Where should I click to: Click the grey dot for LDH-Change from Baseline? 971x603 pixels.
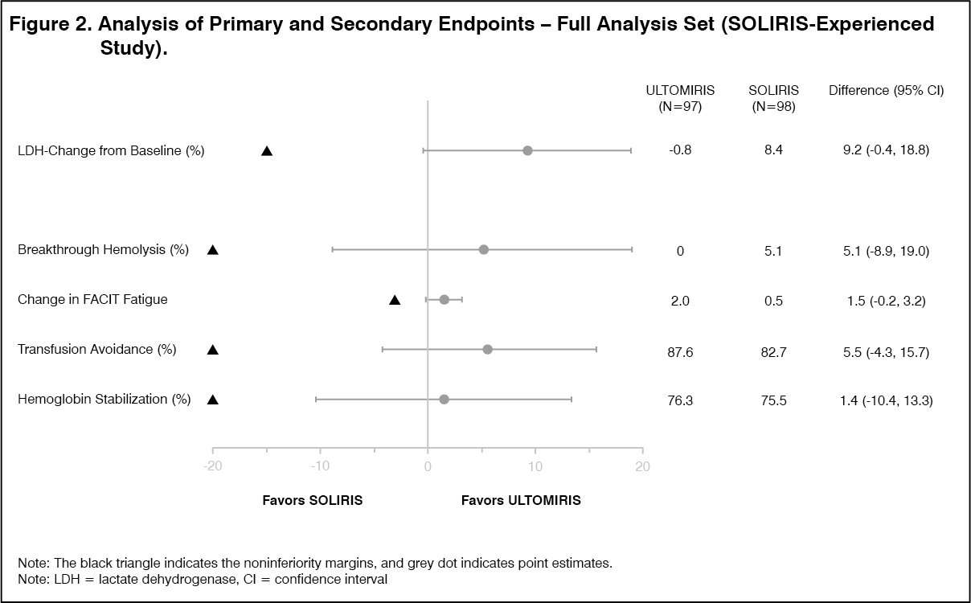click(x=527, y=150)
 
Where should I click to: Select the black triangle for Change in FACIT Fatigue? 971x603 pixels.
click(x=395, y=300)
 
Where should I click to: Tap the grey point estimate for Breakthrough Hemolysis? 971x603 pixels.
click(x=483, y=249)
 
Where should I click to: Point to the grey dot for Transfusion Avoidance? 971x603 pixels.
click(x=487, y=349)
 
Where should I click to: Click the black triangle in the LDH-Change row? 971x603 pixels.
click(x=267, y=151)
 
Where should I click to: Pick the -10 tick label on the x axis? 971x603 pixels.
click(x=320, y=466)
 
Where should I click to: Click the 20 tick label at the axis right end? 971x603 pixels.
click(x=642, y=466)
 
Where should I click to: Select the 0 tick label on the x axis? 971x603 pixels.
click(x=428, y=466)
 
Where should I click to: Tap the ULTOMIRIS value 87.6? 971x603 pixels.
click(x=680, y=351)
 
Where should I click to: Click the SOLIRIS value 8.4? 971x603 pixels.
click(x=773, y=150)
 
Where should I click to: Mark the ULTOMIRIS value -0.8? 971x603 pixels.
click(x=680, y=150)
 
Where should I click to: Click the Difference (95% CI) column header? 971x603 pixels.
click(x=886, y=91)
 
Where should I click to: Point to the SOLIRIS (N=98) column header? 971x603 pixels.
click(x=773, y=98)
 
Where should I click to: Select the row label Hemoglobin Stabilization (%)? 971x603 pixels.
click(x=104, y=400)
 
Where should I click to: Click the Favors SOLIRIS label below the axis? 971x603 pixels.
click(x=313, y=500)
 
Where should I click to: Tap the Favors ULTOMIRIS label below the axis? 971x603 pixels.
click(x=521, y=500)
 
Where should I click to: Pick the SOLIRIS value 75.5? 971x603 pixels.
click(x=773, y=400)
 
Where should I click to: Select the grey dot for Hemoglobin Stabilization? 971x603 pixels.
click(x=444, y=399)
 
